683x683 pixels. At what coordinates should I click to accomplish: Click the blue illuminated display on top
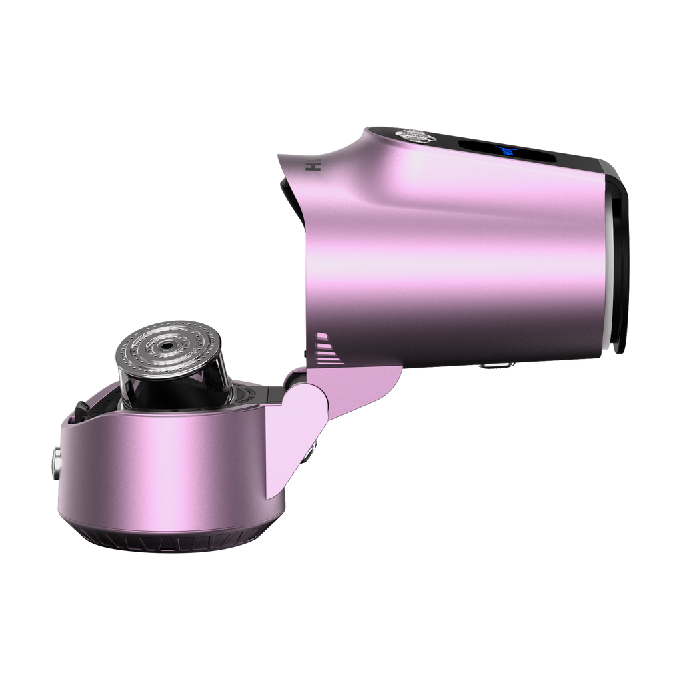(x=508, y=153)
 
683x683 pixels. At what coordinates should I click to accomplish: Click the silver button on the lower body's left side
(x=54, y=461)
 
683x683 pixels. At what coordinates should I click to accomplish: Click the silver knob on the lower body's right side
(x=313, y=453)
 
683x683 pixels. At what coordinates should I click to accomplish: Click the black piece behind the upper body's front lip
(x=287, y=190)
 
